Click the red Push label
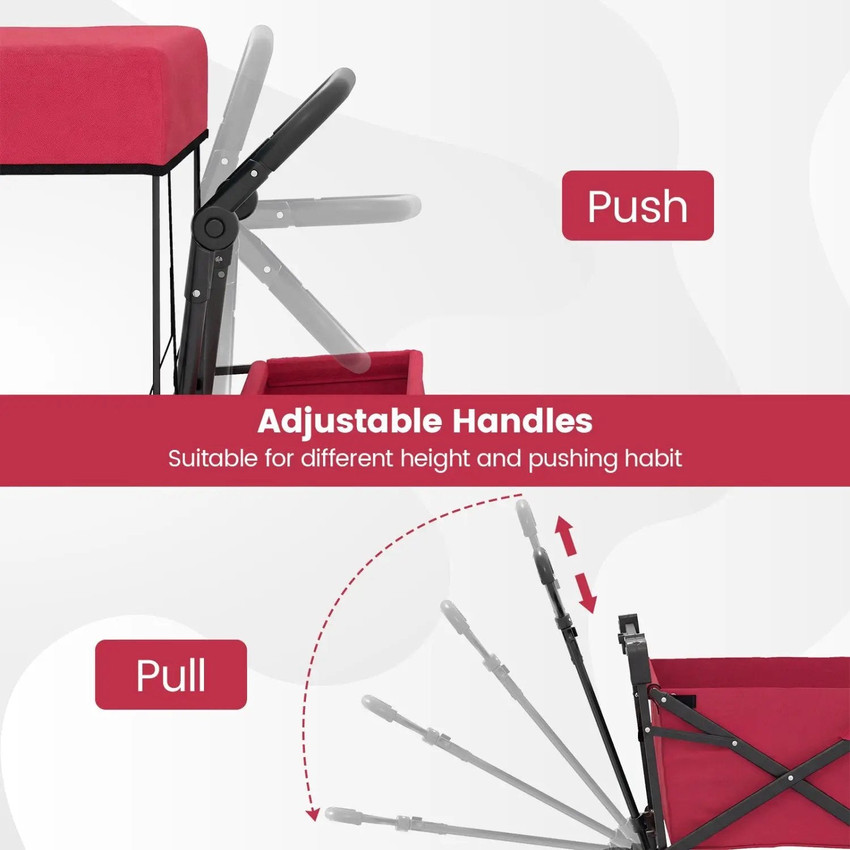637,206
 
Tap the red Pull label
171,674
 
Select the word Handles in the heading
522,421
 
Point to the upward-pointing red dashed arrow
565,535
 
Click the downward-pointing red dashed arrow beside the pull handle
585,593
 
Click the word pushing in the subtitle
573,459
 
